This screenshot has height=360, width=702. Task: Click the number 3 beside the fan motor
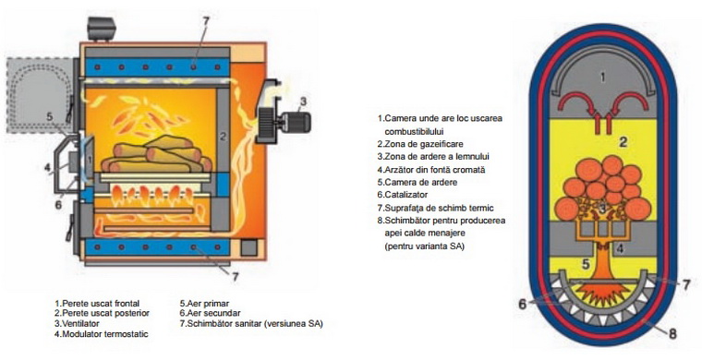point(304,102)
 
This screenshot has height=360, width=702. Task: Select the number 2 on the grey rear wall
point(224,134)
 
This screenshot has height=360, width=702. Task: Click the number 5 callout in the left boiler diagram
point(50,117)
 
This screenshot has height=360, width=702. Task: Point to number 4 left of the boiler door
point(47,168)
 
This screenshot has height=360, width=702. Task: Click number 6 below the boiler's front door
point(58,205)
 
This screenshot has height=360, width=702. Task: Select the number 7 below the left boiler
point(236,277)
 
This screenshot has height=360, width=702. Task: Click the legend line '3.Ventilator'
point(77,323)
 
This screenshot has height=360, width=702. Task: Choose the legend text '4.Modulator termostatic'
point(102,333)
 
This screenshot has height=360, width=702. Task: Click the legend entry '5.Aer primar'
point(204,303)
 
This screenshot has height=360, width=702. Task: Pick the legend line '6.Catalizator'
point(403,195)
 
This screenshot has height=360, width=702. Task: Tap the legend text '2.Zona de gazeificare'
point(420,144)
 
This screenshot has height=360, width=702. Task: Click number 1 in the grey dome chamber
point(602,78)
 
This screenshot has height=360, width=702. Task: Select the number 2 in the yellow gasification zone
point(623,142)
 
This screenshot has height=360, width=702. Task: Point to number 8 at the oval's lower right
point(672,333)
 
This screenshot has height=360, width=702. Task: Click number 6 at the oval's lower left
point(523,304)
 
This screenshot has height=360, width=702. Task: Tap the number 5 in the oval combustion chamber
point(586,264)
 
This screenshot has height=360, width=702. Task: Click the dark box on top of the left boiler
point(102,29)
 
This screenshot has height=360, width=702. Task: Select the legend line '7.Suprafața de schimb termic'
point(435,208)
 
